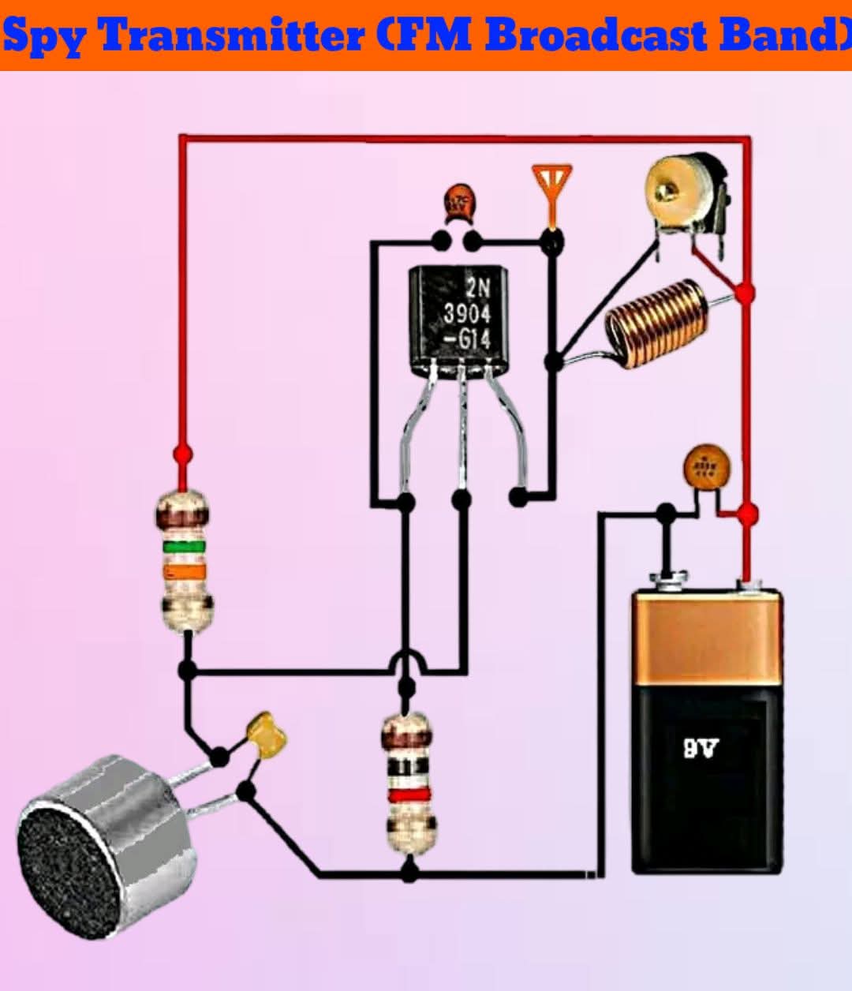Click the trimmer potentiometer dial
click(672, 186)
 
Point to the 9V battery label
click(701, 746)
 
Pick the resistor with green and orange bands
click(184, 560)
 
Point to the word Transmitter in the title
click(234, 36)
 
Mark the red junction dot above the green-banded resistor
click(182, 454)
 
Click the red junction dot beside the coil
click(744, 294)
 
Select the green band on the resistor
click(184, 546)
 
